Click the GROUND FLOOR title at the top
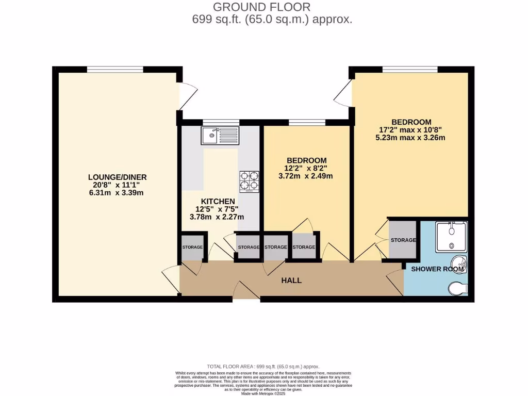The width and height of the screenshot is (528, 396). [x=261, y=7]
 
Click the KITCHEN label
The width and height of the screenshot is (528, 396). [x=218, y=201]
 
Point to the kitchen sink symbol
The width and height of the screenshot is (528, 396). [x=219, y=136]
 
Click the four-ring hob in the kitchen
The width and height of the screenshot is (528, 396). [x=250, y=181]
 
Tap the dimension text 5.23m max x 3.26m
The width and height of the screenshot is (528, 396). [x=410, y=138]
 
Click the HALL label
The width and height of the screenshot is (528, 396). [x=291, y=280]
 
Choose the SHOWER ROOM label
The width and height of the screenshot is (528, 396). [x=438, y=269]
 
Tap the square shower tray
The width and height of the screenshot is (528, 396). [x=451, y=237]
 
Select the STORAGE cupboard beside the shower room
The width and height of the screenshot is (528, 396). [x=403, y=240]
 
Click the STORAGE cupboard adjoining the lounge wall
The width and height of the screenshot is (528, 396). [x=192, y=247]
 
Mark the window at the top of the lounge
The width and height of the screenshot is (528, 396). [x=114, y=69]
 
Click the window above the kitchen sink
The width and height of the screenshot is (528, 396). [x=217, y=122]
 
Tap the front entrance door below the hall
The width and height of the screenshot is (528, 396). [x=246, y=291]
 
